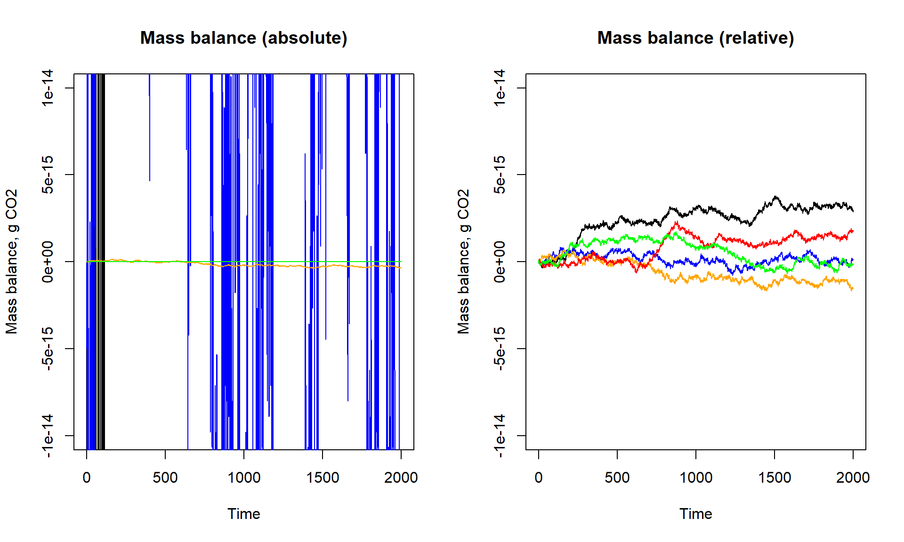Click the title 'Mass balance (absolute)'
243,38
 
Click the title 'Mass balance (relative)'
695,38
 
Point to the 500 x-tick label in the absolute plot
165,478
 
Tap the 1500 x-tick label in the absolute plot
323,478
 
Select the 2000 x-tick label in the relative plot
853,478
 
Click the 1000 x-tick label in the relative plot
695,478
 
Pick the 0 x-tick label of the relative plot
539,478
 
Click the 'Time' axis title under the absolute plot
243,514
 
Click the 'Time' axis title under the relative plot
695,514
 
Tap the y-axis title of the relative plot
464,262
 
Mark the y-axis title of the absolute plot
12,262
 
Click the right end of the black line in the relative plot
852,210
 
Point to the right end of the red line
852,231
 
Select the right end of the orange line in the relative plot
852,288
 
